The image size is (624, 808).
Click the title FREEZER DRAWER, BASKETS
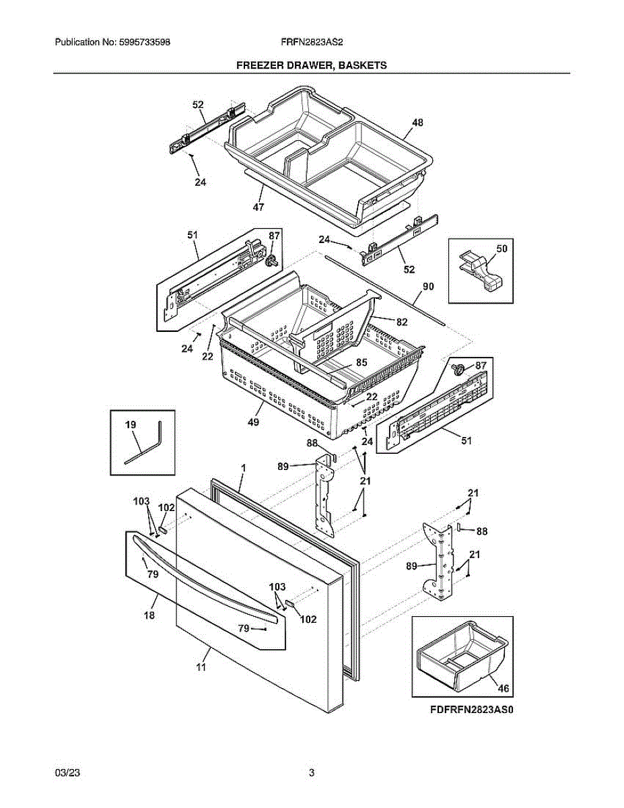click(311, 65)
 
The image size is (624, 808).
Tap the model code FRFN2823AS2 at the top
click(312, 42)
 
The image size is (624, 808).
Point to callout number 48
click(417, 123)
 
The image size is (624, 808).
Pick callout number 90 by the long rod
click(428, 286)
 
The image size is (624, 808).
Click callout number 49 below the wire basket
click(254, 422)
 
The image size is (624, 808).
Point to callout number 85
click(361, 362)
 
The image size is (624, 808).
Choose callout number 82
click(402, 322)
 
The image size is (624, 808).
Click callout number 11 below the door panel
click(201, 667)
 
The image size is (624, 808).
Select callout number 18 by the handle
click(149, 615)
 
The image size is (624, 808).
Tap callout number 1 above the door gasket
click(243, 467)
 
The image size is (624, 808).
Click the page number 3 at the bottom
click(312, 773)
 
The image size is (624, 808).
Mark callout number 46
click(504, 687)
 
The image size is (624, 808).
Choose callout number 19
click(131, 424)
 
